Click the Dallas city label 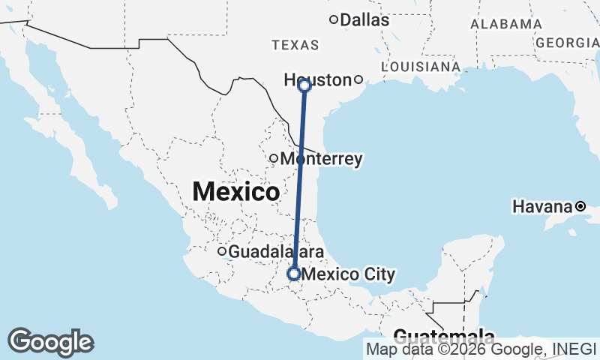(x=365, y=20)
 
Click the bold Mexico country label (x=235, y=191)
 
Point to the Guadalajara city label (x=276, y=252)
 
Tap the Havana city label (x=543, y=205)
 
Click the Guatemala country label (x=443, y=336)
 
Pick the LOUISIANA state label (x=420, y=67)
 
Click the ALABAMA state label (x=506, y=24)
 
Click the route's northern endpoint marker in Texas (x=304, y=85)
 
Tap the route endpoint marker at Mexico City (x=293, y=274)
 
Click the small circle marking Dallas (x=334, y=19)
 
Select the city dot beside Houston (x=358, y=79)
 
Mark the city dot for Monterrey (x=274, y=158)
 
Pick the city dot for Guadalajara (x=222, y=252)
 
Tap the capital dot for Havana (x=580, y=205)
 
